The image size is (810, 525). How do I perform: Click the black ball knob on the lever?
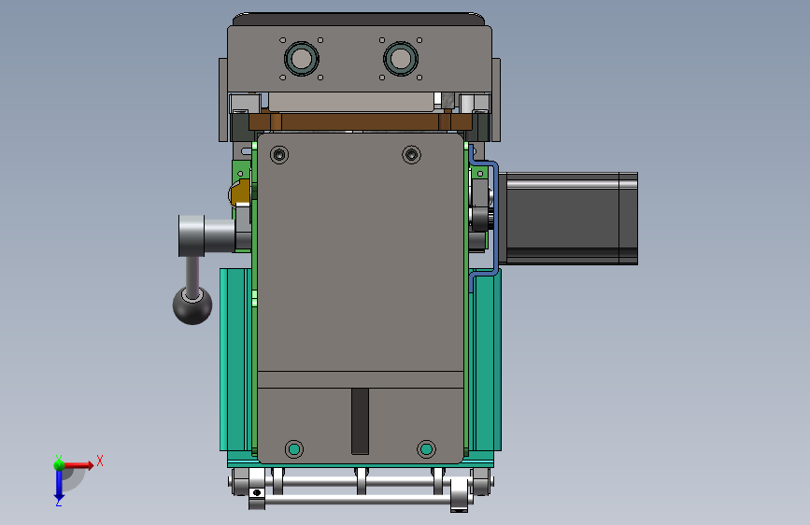(192, 305)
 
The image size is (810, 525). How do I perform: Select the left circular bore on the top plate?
(301, 59)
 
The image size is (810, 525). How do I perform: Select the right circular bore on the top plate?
(401, 59)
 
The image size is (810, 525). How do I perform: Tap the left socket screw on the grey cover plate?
(279, 154)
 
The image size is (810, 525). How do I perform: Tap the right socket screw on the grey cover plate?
(412, 154)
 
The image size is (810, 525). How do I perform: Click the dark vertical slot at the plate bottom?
(360, 421)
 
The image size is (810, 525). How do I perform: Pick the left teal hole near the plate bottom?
(294, 449)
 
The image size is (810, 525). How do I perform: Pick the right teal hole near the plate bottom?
(426, 449)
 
